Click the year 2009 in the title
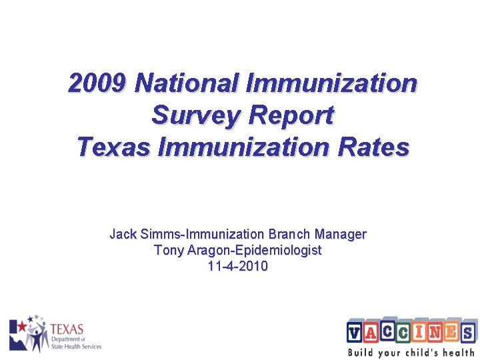click(x=97, y=84)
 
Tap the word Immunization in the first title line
click(x=331, y=84)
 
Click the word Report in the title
click(x=291, y=115)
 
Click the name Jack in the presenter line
click(x=123, y=234)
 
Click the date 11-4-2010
click(x=238, y=267)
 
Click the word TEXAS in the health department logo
click(x=67, y=329)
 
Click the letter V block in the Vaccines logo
click(x=355, y=331)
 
